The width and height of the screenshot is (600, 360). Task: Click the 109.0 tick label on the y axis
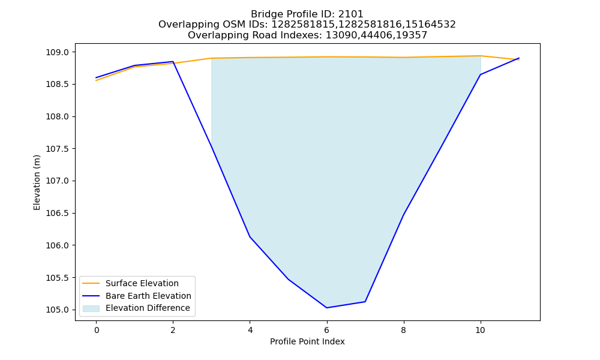pyautogui.click(x=58, y=52)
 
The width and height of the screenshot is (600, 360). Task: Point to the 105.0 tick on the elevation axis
pyautogui.click(x=58, y=310)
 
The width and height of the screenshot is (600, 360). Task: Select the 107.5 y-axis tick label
pyautogui.click(x=58, y=149)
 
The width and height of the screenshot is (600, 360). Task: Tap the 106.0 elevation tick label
pyautogui.click(x=58, y=245)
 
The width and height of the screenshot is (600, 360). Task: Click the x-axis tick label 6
pyautogui.click(x=327, y=330)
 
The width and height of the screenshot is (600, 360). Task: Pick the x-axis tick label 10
pyautogui.click(x=480, y=330)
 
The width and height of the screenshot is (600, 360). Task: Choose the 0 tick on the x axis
pyautogui.click(x=97, y=330)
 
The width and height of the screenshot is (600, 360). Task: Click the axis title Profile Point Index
pyautogui.click(x=307, y=341)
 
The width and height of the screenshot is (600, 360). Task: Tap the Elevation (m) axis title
pyautogui.click(x=37, y=182)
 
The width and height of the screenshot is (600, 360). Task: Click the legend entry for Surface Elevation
pyautogui.click(x=142, y=283)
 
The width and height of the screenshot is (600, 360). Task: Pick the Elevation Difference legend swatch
pyautogui.click(x=91, y=308)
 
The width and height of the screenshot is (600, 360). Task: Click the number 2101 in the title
pyautogui.click(x=350, y=14)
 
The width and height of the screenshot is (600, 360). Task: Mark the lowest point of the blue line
pyautogui.click(x=327, y=308)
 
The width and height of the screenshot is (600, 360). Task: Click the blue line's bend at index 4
pyautogui.click(x=250, y=237)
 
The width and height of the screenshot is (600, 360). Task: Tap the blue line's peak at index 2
pyautogui.click(x=173, y=62)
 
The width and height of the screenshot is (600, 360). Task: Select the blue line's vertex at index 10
pyautogui.click(x=480, y=74)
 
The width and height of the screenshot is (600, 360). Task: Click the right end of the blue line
pyautogui.click(x=519, y=58)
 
